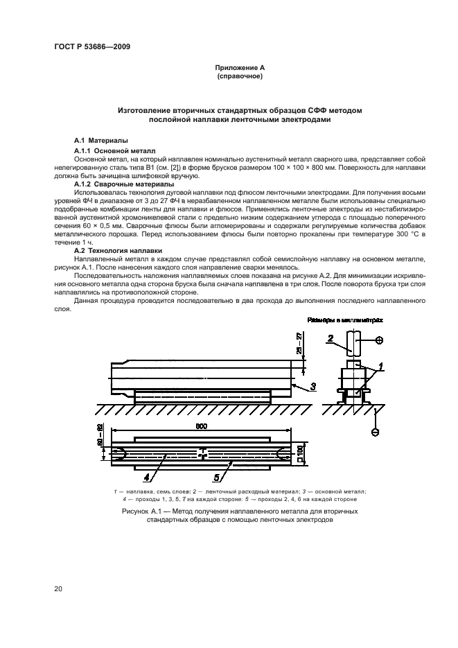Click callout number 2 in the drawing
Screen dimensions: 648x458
coord(331,338)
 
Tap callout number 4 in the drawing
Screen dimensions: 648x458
coord(146,476)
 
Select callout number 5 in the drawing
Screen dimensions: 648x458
coord(216,476)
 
